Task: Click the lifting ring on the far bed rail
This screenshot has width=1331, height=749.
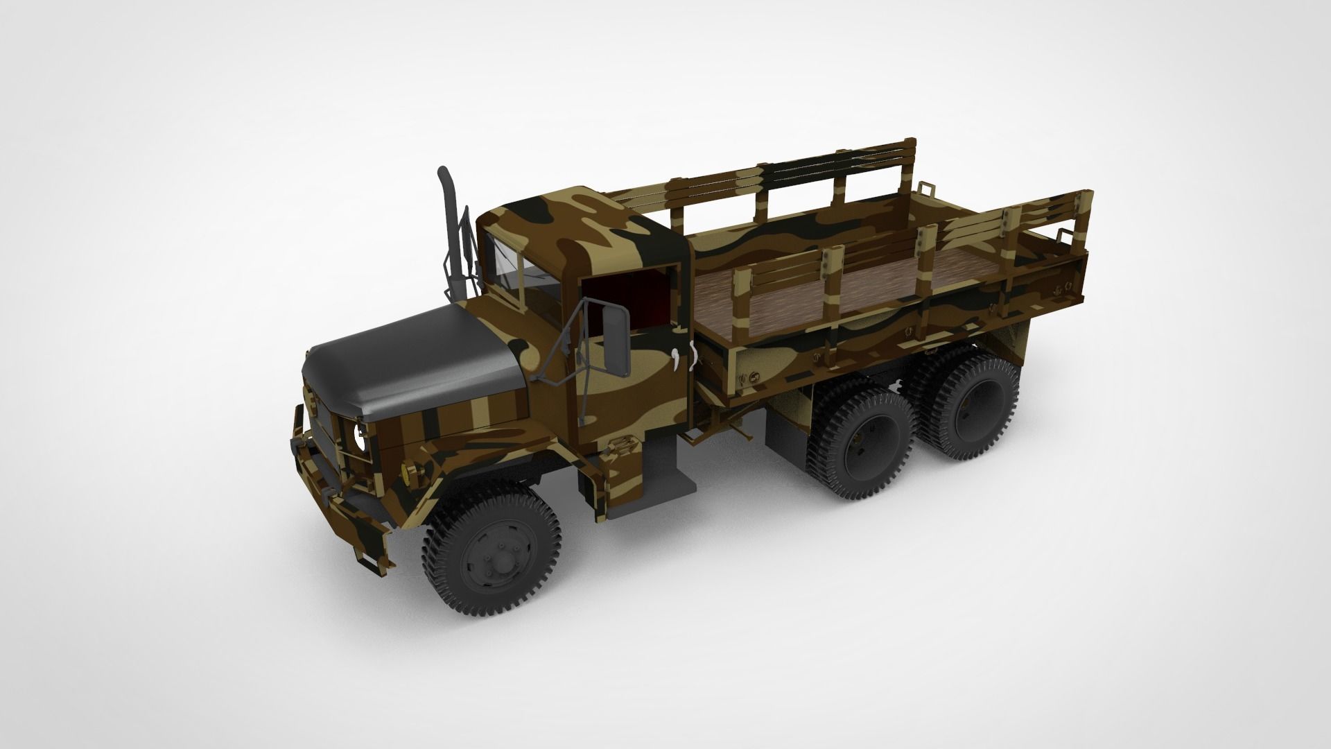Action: pos(924,187)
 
